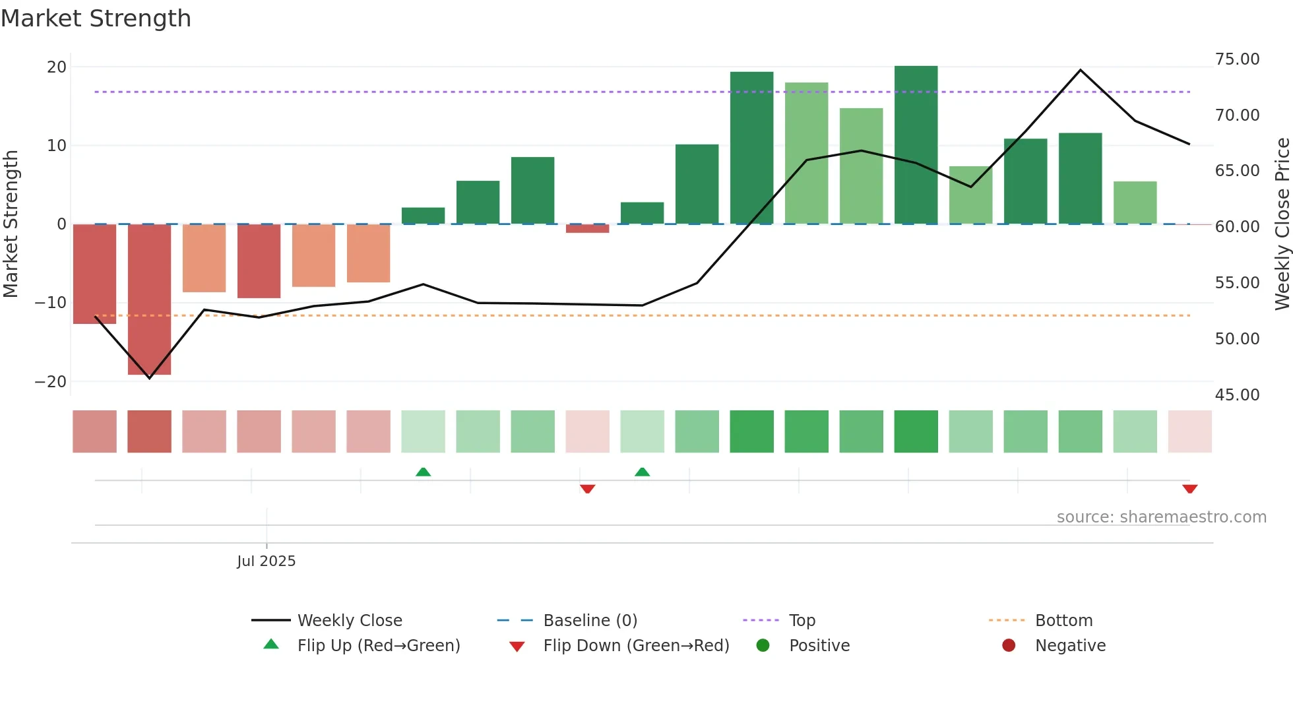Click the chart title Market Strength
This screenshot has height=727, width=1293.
pyautogui.click(x=96, y=18)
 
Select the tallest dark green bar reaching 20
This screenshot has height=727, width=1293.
pyautogui.click(x=916, y=145)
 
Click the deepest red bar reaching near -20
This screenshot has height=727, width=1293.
pyautogui.click(x=149, y=300)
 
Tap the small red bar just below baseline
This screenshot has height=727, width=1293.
pyautogui.click(x=587, y=229)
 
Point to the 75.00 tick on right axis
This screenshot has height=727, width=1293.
pyautogui.click(x=1237, y=59)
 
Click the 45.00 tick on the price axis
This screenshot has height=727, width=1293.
pyautogui.click(x=1237, y=395)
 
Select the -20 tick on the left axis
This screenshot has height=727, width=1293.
pyautogui.click(x=51, y=382)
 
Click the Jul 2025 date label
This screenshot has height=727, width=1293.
pyautogui.click(x=266, y=561)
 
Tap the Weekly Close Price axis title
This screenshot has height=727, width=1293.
pyautogui.click(x=1282, y=224)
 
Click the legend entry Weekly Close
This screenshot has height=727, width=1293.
pyautogui.click(x=349, y=621)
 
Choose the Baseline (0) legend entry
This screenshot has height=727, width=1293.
pyautogui.click(x=590, y=621)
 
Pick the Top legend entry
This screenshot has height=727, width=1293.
pyautogui.click(x=802, y=621)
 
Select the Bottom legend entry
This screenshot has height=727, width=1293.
pyautogui.click(x=1063, y=621)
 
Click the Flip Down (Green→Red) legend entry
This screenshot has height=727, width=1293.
pyautogui.click(x=635, y=646)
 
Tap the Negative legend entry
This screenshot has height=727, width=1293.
pyautogui.click(x=1069, y=646)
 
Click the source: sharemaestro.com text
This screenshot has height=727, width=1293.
pyautogui.click(x=1161, y=517)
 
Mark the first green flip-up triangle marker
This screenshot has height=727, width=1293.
pyautogui.click(x=423, y=472)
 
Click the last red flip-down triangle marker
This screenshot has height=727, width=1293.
pyautogui.click(x=1189, y=489)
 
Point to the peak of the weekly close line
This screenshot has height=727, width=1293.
pyautogui.click(x=1080, y=70)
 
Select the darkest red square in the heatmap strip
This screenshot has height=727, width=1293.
pyautogui.click(x=149, y=431)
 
